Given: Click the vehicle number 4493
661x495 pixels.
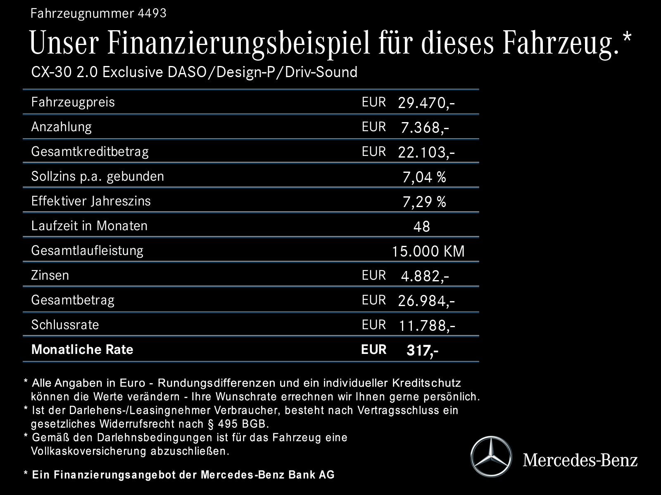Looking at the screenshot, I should click(151, 14).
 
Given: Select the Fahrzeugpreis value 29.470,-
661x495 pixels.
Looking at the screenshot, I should click(426, 103).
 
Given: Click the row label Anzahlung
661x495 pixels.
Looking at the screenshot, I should click(62, 127).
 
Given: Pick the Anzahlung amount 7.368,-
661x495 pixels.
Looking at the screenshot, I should click(425, 127).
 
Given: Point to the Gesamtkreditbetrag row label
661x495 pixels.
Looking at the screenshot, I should click(90, 151).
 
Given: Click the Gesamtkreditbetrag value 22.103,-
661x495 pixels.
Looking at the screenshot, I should click(426, 152).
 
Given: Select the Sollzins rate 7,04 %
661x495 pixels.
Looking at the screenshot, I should click(424, 177).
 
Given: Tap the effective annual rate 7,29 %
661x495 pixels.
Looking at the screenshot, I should click(424, 202).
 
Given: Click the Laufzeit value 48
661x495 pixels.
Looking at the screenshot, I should click(421, 226).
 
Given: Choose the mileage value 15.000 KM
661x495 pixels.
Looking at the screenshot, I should click(428, 251).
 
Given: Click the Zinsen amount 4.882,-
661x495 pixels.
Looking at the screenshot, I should click(425, 276).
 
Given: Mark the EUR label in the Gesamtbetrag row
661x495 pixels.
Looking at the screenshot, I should click(373, 300).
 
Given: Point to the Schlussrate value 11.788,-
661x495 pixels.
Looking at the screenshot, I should click(427, 325).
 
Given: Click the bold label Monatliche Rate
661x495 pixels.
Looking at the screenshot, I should click(82, 349).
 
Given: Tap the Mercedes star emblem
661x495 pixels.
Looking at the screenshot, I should click(491, 457).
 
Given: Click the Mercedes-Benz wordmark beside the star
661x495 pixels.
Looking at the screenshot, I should click(580, 459).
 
